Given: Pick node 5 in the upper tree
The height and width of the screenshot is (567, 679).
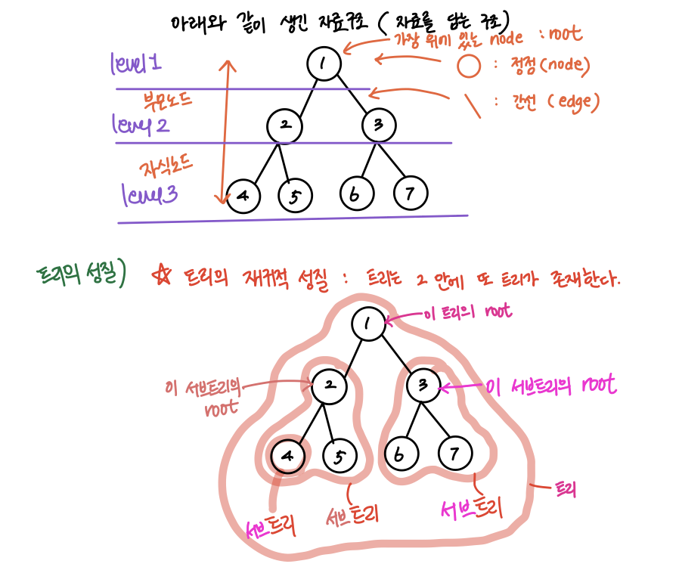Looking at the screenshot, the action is coord(296,196).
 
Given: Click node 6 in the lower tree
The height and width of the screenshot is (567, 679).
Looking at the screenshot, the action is coord(402,456).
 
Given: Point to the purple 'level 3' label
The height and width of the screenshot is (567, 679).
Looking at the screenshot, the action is coord(150,197).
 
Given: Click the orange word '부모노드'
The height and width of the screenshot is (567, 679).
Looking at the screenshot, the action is coord(169,100).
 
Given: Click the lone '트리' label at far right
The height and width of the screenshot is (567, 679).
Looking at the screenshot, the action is coord(566,489).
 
